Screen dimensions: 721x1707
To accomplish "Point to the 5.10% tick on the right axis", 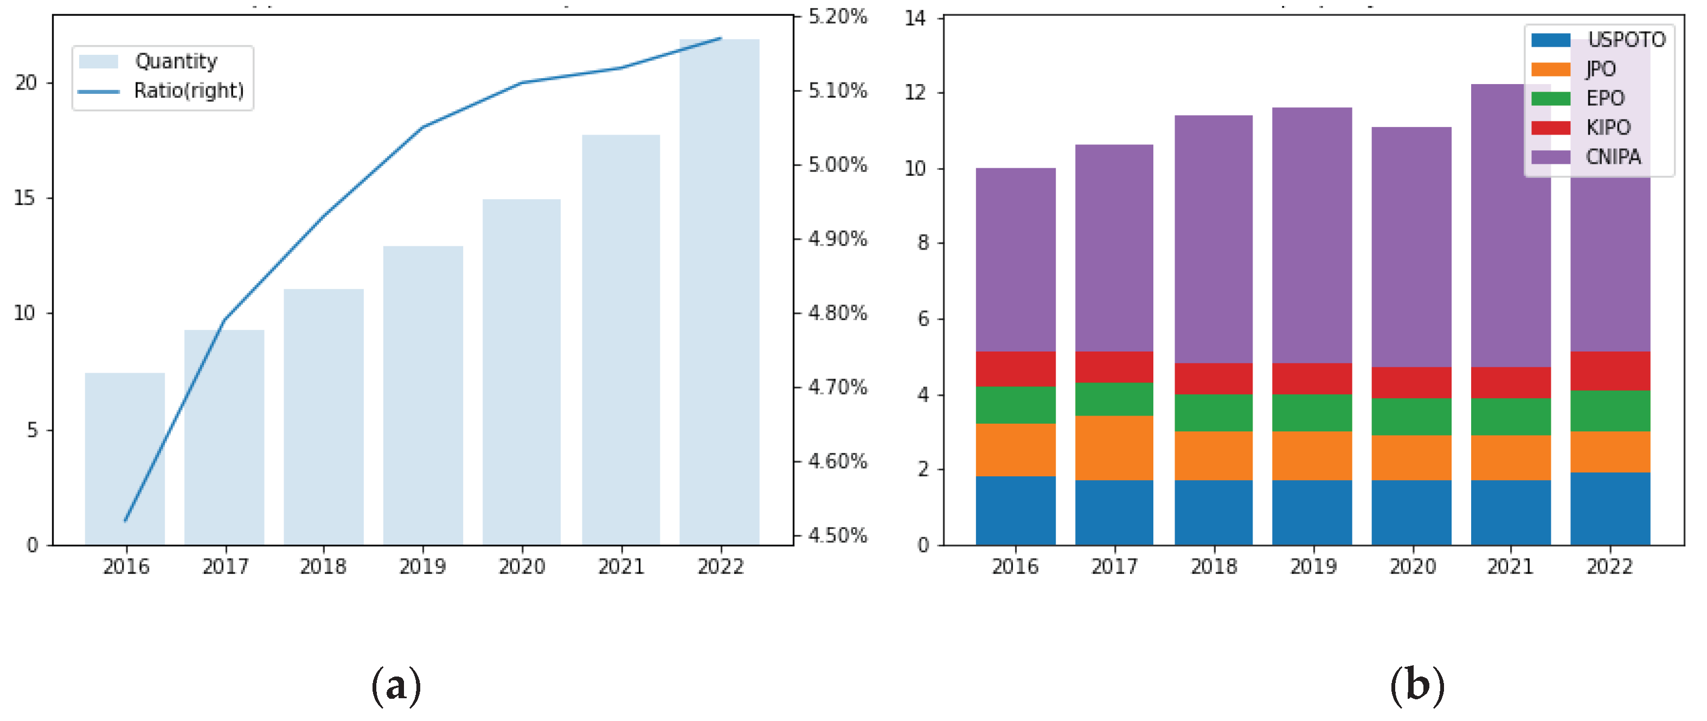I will tap(838, 91).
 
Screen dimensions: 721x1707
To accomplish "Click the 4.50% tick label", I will tap(838, 535).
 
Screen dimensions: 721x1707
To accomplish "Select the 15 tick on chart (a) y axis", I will tap(25, 198).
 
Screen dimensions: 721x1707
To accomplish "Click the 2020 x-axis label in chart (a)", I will tap(522, 566).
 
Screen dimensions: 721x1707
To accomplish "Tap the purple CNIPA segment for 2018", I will tap(1214, 239).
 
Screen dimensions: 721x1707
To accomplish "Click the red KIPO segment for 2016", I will tap(1015, 369).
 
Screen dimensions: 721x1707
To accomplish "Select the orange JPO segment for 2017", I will tap(1114, 448).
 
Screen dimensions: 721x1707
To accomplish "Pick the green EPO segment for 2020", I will tap(1411, 417).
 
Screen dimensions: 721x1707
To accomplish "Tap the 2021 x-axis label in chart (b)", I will tap(1510, 566).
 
